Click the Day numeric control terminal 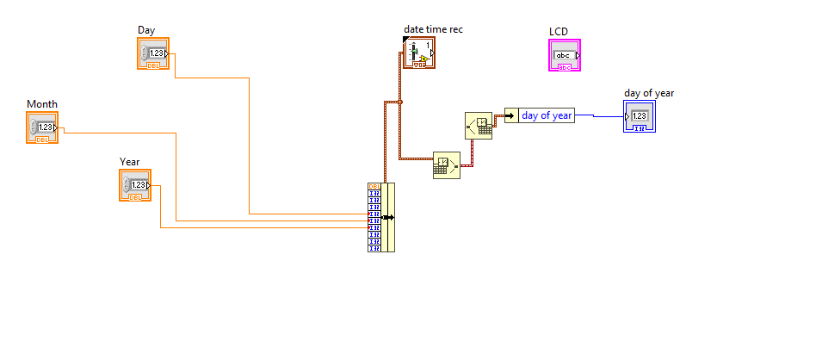(153, 53)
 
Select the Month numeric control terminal (42, 127)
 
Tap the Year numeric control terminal (134, 185)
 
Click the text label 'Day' (146, 30)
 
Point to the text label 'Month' (42, 104)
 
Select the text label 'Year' (129, 162)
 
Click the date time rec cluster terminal (419, 53)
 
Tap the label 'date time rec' (433, 30)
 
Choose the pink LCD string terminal (566, 56)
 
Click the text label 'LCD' (559, 32)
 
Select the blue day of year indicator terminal (640, 116)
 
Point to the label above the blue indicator (648, 93)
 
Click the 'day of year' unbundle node (540, 115)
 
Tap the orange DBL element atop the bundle (374, 187)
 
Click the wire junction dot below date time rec (400, 102)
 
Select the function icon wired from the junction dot (446, 164)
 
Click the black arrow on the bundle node (389, 217)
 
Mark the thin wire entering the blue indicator (603, 117)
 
